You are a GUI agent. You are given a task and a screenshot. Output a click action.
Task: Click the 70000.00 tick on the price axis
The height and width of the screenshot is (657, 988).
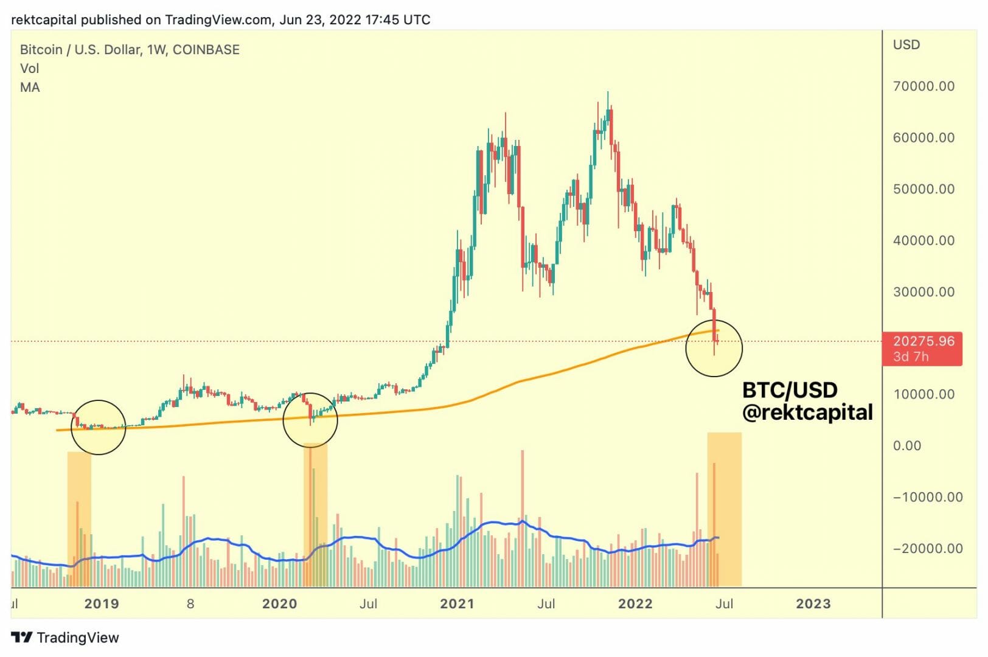[x=923, y=86]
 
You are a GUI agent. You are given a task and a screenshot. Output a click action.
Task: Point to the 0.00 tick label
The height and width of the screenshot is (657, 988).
[x=906, y=446]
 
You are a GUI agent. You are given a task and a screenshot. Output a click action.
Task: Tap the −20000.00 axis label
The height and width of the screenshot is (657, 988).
[x=928, y=549]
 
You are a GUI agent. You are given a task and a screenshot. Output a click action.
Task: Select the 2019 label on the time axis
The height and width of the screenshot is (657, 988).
[x=102, y=604]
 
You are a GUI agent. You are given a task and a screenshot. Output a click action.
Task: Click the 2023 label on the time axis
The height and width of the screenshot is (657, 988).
[x=813, y=604]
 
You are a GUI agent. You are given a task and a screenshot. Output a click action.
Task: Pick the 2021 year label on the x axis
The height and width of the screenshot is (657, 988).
[x=457, y=604]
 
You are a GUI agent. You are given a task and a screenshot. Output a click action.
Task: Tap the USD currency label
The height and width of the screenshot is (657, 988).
[x=906, y=45]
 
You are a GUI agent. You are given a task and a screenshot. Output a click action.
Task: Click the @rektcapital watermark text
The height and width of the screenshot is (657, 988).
[x=807, y=412]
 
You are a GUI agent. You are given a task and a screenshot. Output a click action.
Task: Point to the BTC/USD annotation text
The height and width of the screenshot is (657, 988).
[x=790, y=390]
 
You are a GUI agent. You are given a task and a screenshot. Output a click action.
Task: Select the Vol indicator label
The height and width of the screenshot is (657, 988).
[x=29, y=69]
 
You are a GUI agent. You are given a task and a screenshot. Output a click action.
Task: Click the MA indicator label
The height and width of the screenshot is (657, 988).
[x=30, y=88]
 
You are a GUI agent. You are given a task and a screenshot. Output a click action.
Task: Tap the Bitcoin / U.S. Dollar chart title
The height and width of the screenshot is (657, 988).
[x=130, y=50]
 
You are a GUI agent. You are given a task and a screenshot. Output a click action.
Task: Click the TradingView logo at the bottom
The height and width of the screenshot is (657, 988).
[x=65, y=638]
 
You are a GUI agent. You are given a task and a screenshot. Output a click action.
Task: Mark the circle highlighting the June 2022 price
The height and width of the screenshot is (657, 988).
[x=714, y=348]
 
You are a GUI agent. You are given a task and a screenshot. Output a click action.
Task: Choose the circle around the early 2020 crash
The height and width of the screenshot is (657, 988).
[x=310, y=420]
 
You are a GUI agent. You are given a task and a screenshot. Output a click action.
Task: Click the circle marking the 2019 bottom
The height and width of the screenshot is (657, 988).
[x=98, y=427]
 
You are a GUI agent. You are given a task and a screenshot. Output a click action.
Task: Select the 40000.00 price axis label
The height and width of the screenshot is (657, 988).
[x=923, y=241]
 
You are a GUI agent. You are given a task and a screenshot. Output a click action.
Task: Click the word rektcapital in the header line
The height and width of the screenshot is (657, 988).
[x=44, y=19]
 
